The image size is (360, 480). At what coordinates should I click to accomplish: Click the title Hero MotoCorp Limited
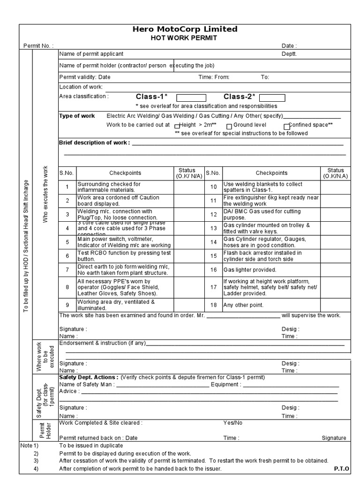(185, 29)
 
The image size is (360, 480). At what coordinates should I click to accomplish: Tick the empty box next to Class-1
(191, 97)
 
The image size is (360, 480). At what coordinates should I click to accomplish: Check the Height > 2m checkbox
(177, 126)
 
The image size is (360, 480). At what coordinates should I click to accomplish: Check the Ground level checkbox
(229, 126)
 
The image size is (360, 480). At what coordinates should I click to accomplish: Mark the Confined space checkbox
(286, 126)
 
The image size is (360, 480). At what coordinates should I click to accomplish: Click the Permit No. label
(38, 46)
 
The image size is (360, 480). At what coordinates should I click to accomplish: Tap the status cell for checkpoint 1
(189, 187)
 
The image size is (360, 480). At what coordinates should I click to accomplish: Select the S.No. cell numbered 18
(213, 305)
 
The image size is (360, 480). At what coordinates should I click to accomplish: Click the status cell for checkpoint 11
(335, 201)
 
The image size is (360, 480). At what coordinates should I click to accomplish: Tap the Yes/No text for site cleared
(233, 423)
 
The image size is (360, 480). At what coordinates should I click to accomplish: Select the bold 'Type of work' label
(77, 116)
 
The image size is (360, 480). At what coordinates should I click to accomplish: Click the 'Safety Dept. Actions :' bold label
(89, 377)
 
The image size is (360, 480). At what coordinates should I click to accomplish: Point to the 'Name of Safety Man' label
(86, 385)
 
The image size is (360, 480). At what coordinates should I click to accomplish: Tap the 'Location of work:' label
(81, 87)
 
